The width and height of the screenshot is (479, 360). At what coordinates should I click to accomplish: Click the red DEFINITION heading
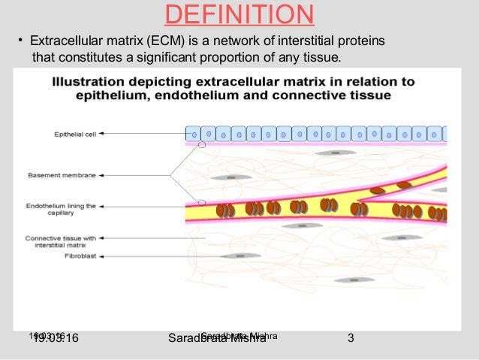pyautogui.click(x=239, y=14)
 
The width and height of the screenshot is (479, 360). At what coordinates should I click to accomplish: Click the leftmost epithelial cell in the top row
pyautogui.click(x=193, y=134)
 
